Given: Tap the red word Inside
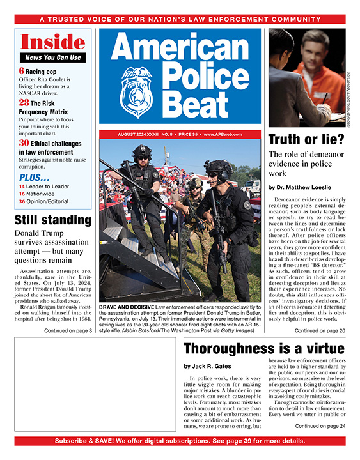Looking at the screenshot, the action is tap(52, 43).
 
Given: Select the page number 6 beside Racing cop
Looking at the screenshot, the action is tap(22, 71).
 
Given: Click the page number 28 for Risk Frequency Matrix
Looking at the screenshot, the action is tap(24, 103).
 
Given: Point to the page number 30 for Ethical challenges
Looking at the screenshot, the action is tap(24, 143).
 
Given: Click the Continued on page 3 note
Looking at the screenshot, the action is tap(68, 330).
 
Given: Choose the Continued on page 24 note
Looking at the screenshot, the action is tap(320, 426).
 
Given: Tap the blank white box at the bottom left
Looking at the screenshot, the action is tap(94, 383).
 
